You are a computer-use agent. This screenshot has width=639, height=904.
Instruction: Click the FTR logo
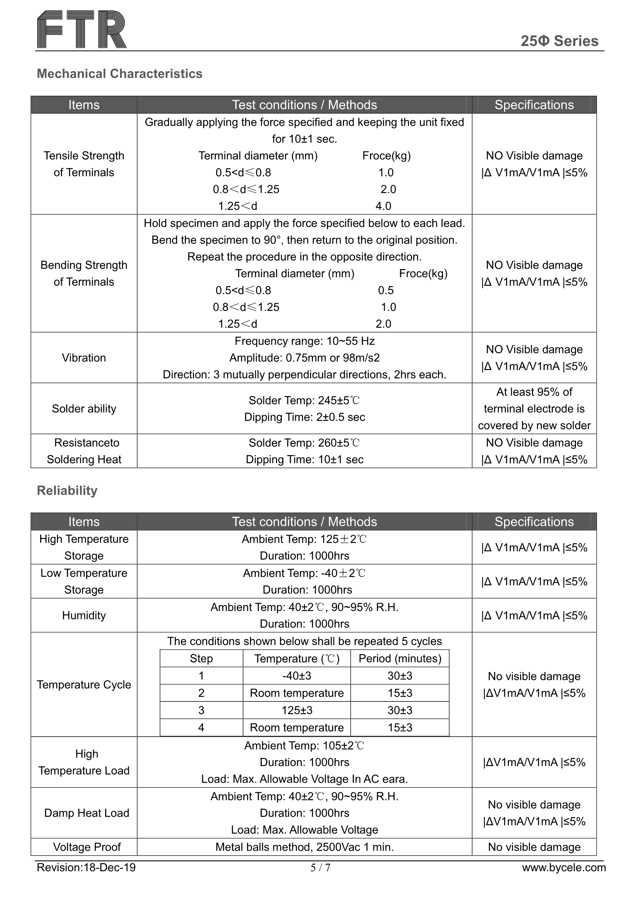click(x=82, y=30)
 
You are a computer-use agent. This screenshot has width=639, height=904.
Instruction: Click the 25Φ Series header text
click(x=559, y=41)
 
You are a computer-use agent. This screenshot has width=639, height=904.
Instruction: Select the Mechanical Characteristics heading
click(x=119, y=73)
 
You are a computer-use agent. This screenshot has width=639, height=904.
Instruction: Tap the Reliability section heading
click(x=67, y=490)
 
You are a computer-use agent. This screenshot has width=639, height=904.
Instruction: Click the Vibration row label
click(x=84, y=358)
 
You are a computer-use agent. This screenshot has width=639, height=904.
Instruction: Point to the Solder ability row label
click(x=84, y=409)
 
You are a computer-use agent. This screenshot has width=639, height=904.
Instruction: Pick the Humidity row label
click(x=84, y=615)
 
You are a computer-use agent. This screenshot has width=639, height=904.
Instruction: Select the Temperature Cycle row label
click(x=84, y=684)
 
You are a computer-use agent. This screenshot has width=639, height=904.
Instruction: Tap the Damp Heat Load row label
click(x=87, y=813)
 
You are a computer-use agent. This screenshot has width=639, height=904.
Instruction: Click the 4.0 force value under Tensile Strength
click(x=383, y=206)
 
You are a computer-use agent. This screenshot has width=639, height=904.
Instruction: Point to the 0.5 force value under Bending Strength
click(x=386, y=290)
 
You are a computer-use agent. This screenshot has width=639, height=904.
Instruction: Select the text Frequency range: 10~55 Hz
click(x=304, y=341)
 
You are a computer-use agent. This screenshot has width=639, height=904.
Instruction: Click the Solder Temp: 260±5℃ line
click(x=304, y=443)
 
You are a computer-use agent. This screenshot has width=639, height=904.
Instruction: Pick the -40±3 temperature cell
click(x=296, y=675)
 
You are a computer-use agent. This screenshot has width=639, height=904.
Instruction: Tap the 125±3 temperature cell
click(x=296, y=710)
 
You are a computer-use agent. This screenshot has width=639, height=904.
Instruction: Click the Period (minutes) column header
click(x=400, y=658)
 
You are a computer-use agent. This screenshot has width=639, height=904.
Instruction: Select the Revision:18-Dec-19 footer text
click(x=86, y=867)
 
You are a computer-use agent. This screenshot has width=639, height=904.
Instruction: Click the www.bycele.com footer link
click(x=564, y=867)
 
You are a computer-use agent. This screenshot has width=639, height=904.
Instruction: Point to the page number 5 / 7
click(x=320, y=868)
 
